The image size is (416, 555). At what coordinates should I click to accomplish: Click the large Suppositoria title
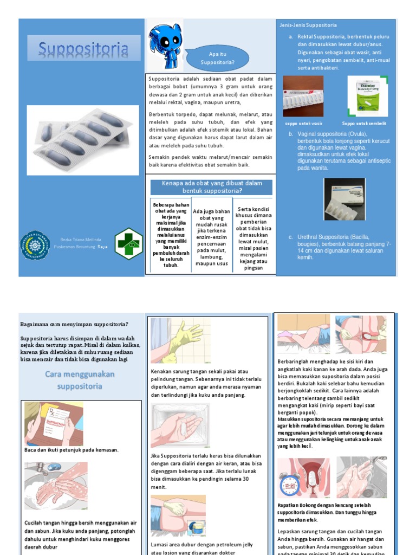[83, 50]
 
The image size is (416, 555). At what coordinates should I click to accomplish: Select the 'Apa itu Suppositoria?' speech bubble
[217, 59]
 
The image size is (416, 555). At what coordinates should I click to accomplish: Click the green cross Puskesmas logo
[129, 243]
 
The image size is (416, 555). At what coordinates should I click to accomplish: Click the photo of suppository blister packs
[82, 140]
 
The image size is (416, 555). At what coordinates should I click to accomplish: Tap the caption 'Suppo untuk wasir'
[304, 123]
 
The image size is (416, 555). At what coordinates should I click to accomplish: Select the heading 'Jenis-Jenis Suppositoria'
[308, 25]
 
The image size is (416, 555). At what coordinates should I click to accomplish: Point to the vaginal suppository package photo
[344, 199]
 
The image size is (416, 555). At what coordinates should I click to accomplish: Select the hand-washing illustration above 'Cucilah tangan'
[56, 485]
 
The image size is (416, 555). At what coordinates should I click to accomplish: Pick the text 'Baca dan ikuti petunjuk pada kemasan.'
[71, 450]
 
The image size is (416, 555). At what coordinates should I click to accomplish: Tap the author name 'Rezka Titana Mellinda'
[80, 239]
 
